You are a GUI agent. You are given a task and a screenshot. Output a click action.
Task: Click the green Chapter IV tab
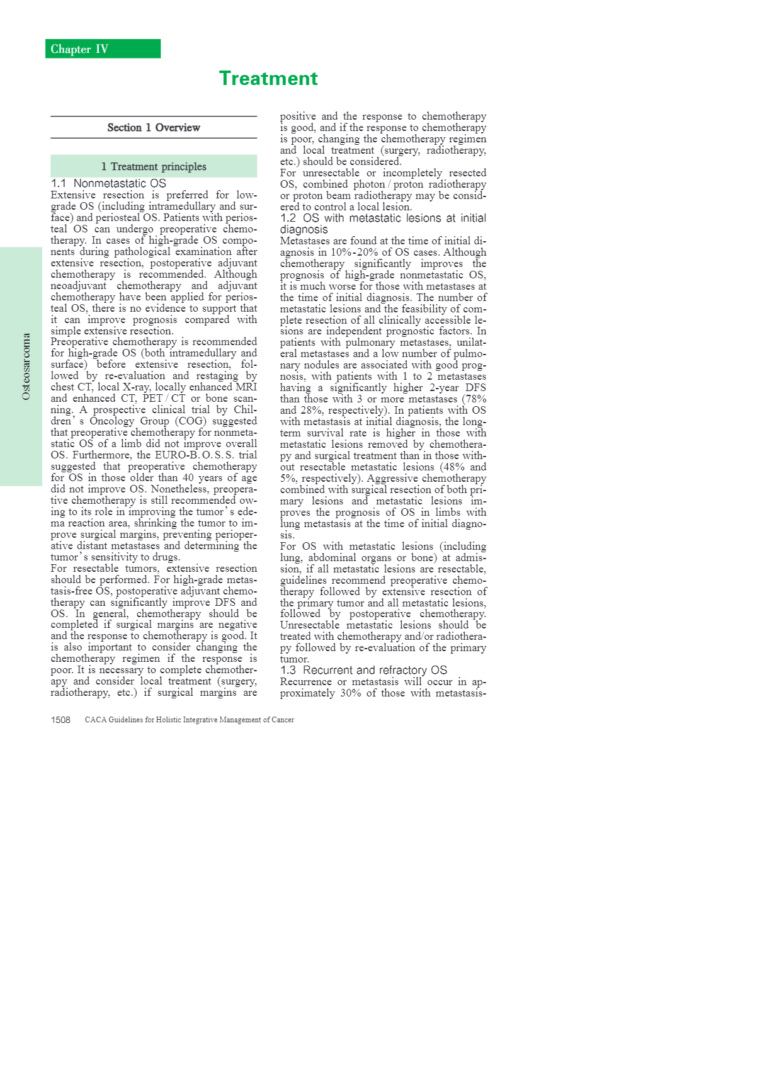pos(103,49)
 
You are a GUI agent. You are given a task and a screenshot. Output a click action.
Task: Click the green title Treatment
pos(268,78)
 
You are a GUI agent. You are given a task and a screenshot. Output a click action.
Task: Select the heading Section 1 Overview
pos(154,128)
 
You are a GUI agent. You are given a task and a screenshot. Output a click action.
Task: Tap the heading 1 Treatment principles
pos(154,166)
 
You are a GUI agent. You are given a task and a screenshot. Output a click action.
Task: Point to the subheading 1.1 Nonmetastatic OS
pos(108,183)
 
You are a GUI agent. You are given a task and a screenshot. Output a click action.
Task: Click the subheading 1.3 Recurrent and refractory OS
pos(363,670)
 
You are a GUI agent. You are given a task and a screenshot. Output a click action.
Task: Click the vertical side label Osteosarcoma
pos(26,366)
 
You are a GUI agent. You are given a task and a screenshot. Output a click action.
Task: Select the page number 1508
pos(60,720)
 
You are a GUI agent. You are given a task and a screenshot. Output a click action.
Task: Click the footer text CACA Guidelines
pos(190,720)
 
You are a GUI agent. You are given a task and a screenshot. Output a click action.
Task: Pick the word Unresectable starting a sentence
pos(310,625)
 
